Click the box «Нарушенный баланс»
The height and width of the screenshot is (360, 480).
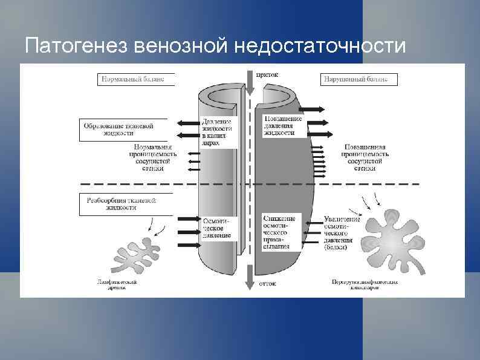tap(358, 79)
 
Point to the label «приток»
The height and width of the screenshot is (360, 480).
tap(267, 76)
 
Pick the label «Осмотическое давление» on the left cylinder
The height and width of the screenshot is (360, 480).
tap(217, 228)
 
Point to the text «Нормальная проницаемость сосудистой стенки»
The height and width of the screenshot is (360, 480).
tap(154, 157)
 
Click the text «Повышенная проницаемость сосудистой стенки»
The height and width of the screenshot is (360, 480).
tap(365, 157)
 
